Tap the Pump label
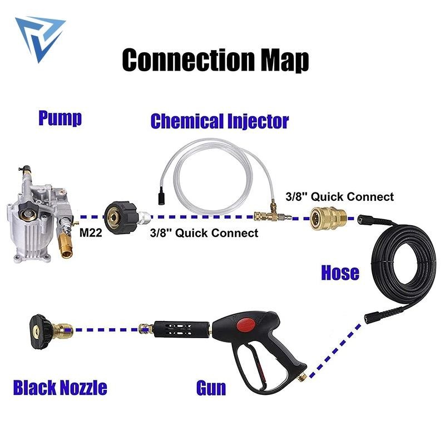coord(60,118)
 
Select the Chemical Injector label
coord(220,121)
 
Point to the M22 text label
coord(91,233)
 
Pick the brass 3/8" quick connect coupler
coord(328,218)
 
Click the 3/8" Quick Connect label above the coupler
coord(340,197)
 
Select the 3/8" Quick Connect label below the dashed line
coord(204,233)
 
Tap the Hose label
coord(340,273)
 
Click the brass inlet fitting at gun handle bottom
coord(303,377)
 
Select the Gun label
coord(211,388)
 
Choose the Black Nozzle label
coord(60,387)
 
